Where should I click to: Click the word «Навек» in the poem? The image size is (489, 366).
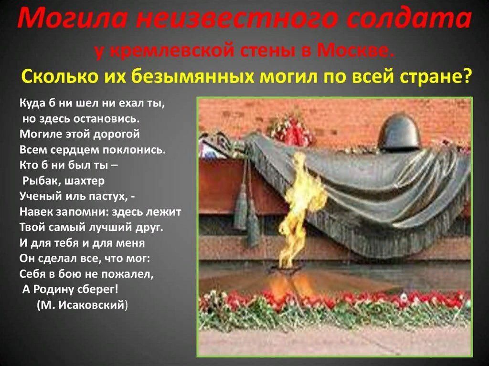point(36,212)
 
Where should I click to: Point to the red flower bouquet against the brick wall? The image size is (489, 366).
point(292,129)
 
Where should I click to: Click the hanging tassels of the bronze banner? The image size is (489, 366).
point(246,212)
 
